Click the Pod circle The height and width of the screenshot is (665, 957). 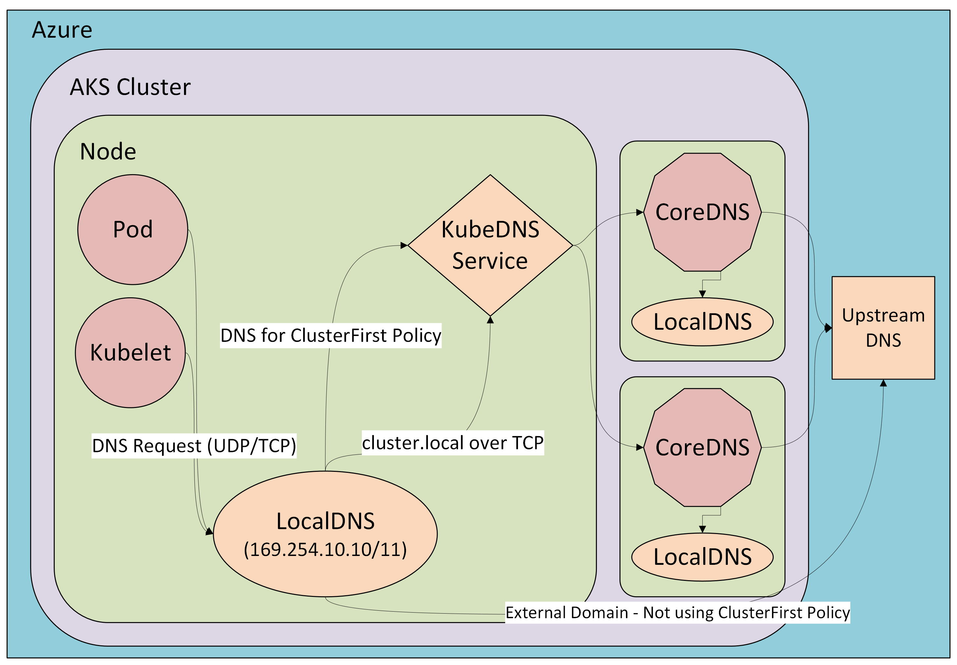tap(133, 230)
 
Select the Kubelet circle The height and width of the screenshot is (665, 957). tap(130, 353)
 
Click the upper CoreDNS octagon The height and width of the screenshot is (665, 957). tap(702, 212)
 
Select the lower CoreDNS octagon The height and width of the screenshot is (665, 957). tap(702, 448)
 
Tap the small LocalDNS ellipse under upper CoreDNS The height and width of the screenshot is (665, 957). tap(702, 322)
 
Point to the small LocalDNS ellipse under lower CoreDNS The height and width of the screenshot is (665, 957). tap(702, 557)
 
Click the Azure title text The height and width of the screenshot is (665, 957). tap(62, 30)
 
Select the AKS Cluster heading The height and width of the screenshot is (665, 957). tap(130, 87)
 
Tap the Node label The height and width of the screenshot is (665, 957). tap(108, 151)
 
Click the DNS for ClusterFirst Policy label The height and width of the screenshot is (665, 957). tap(330, 335)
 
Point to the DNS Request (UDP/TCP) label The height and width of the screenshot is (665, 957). tap(194, 446)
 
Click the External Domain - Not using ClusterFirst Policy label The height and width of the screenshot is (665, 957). tap(677, 613)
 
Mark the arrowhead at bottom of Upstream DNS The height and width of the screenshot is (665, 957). tap(883, 383)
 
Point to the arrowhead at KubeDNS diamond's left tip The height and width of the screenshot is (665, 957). tap(404, 246)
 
